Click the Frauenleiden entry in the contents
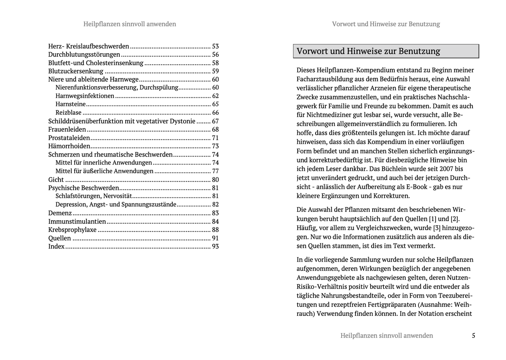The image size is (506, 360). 67,130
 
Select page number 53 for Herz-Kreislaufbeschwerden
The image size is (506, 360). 215,46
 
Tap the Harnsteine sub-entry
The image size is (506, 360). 70,104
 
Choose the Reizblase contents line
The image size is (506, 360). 68,113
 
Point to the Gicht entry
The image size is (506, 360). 56,180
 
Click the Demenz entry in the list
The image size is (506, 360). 60,213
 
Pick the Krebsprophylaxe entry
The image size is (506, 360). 72,230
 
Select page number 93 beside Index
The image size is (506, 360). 215,247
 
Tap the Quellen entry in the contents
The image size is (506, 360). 60,238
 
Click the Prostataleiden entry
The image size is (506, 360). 69,138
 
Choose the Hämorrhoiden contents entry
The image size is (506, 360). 69,146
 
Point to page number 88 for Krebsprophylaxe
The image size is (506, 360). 215,230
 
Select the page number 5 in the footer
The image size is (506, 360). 473,335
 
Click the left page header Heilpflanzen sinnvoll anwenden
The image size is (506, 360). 130,24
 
